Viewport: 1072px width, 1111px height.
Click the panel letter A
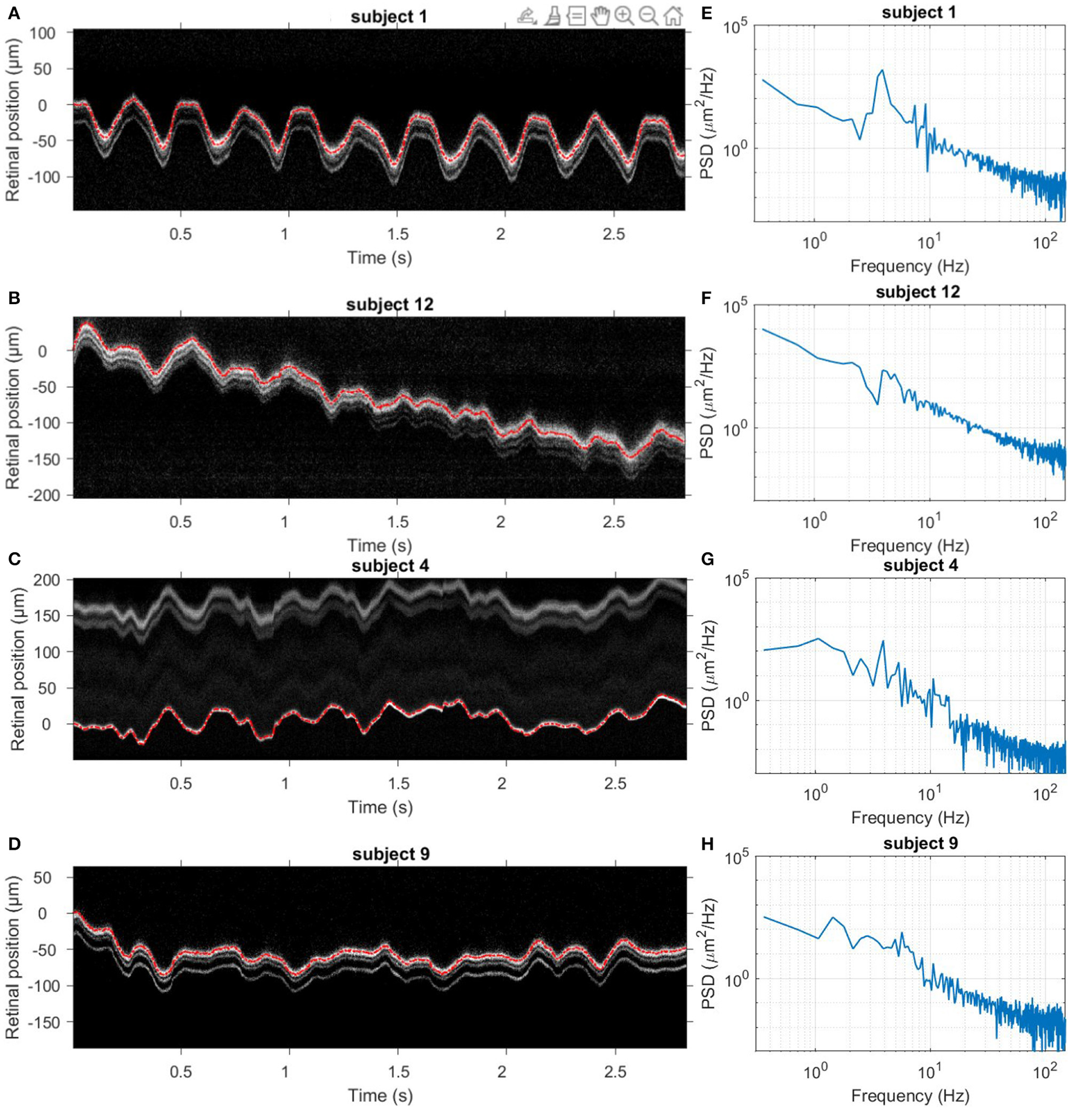[13, 13]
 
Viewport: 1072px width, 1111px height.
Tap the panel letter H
[707, 844]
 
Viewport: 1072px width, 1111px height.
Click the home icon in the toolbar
[673, 16]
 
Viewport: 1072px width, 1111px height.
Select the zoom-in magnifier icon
[624, 16]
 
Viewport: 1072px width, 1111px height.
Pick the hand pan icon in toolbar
[600, 16]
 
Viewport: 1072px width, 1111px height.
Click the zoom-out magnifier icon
[648, 16]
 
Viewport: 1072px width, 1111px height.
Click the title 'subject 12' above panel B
[390, 304]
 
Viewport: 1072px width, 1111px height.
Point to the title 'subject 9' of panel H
[920, 843]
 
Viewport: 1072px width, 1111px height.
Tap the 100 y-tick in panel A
[42, 33]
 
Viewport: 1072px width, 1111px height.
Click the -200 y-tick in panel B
[44, 495]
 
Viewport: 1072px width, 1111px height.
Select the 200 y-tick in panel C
[47, 580]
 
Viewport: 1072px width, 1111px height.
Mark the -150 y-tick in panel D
[44, 1022]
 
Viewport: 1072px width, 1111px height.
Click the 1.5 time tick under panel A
[397, 234]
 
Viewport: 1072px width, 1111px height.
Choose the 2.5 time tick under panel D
[615, 1072]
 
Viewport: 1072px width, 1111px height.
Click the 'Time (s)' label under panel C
[380, 807]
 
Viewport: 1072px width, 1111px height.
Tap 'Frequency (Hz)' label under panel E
[909, 266]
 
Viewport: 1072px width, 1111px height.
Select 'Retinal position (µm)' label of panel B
[13, 407]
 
